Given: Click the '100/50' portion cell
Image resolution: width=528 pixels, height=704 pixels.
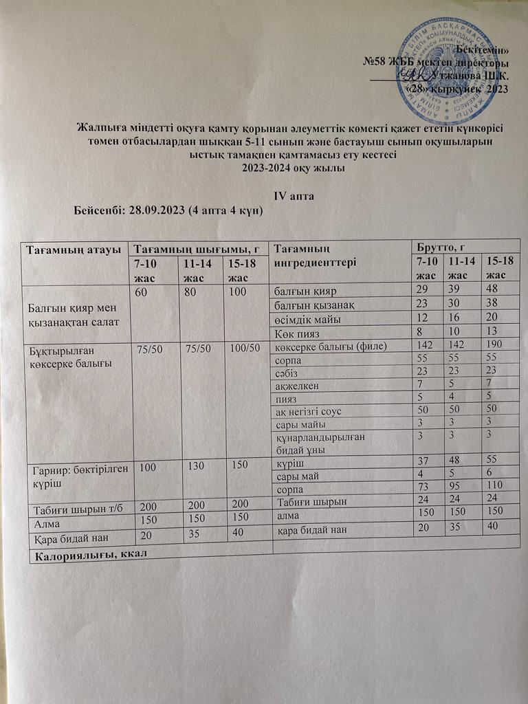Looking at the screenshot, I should point(245,348).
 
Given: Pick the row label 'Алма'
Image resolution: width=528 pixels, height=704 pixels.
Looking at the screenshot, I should point(42,522).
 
